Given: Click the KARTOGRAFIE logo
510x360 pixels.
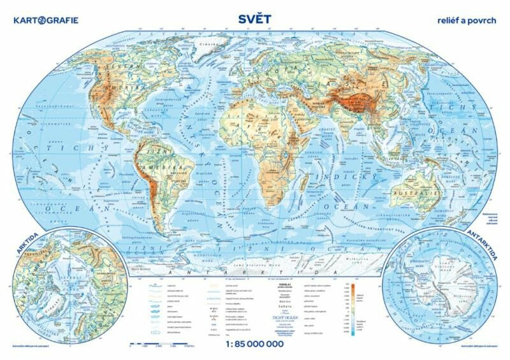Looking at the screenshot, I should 45,20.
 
